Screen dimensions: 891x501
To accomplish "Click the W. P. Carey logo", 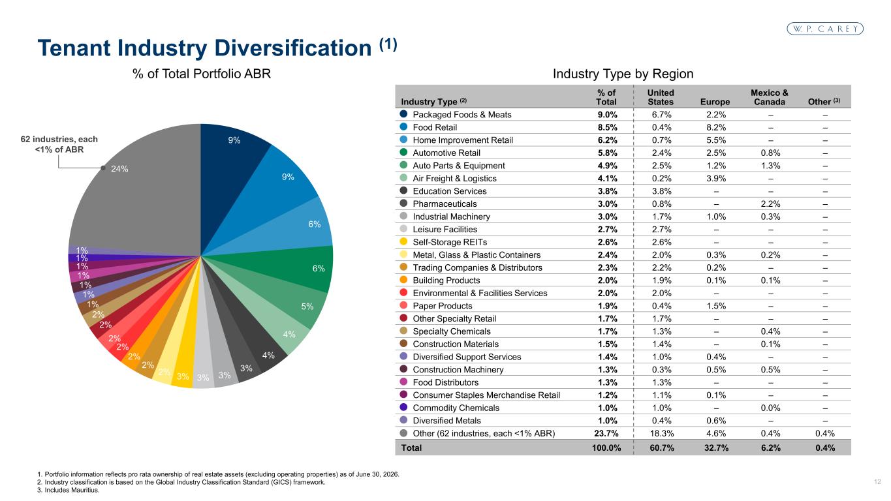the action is coord(825,29).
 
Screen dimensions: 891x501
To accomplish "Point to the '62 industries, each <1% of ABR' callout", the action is coord(59,144).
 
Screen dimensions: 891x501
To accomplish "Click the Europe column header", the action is coord(715,102).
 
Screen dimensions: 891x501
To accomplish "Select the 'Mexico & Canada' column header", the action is coord(770,97).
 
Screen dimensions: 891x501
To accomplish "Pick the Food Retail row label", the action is coord(435,127).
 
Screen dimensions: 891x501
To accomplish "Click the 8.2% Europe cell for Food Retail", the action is coord(716,127).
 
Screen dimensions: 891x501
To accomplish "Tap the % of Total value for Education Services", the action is coord(608,191).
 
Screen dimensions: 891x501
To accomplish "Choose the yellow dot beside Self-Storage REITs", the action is coord(403,241).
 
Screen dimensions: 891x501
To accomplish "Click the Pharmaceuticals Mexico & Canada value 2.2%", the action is coord(770,204).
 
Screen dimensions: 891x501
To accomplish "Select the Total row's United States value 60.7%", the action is coord(662,448).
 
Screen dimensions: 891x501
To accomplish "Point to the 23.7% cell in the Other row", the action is coord(606,433).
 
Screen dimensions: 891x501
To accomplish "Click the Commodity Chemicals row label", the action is coord(456,408).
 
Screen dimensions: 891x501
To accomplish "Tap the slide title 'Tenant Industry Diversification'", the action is coord(204,48).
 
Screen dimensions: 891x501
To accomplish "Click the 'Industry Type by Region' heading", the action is coord(623,74).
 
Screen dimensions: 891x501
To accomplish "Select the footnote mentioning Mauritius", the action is coord(68,490).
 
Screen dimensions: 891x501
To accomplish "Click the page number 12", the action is coord(877,482).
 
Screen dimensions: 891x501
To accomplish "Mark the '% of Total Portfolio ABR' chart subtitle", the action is coord(202,74).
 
